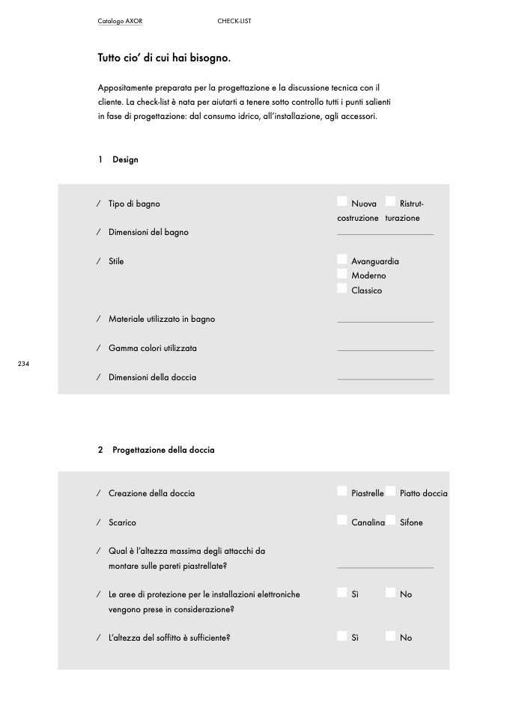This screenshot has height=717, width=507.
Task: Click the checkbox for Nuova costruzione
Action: tap(342, 201)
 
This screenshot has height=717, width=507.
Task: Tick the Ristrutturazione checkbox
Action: tap(390, 201)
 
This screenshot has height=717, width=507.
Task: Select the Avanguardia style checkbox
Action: tap(342, 260)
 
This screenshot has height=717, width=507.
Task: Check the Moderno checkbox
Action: tap(342, 274)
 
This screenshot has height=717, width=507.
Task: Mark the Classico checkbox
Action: tap(342, 289)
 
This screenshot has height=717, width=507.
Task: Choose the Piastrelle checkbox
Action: tap(342, 491)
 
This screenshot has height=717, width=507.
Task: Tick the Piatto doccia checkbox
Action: tap(390, 491)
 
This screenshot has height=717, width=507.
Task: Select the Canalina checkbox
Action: tap(342, 520)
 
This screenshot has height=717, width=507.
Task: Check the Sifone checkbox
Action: tap(390, 520)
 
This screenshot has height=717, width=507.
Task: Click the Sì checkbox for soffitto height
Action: tap(342, 636)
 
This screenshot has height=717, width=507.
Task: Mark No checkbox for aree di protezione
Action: tap(390, 593)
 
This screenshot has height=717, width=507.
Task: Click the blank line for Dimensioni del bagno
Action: tap(385, 233)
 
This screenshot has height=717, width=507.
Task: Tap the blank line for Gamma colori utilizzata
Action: tap(385, 349)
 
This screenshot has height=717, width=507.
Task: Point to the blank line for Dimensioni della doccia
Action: tap(385, 378)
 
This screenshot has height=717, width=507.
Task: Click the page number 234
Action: tap(23, 364)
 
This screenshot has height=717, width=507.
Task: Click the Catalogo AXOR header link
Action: tap(120, 21)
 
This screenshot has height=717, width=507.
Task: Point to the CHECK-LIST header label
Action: tap(234, 21)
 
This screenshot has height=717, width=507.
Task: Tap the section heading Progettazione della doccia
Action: tap(163, 450)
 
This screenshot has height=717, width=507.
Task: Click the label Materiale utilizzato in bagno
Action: tap(161, 319)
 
